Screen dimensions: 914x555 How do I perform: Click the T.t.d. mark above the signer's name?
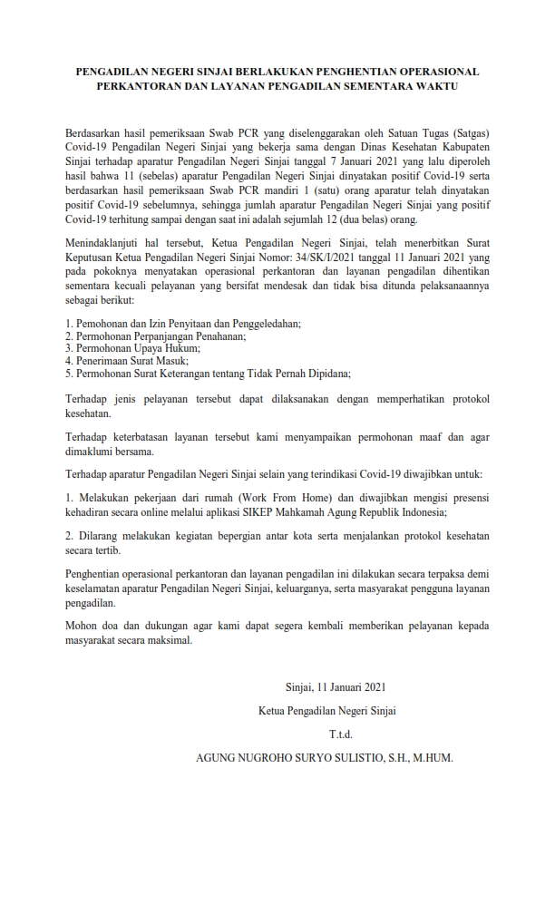click(339, 733)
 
